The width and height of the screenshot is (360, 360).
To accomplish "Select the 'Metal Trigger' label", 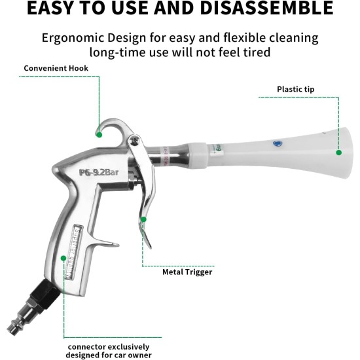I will click(x=187, y=272).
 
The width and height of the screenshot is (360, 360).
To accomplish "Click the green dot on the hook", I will click(x=98, y=134).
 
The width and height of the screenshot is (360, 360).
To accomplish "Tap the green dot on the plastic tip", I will click(x=339, y=153).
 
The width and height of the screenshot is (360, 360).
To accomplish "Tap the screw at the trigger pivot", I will click(x=135, y=139).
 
